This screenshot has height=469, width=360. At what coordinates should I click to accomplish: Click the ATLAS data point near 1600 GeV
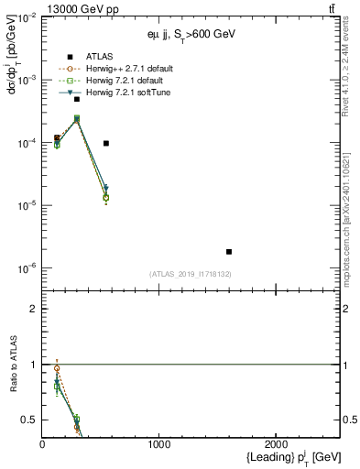(229, 251)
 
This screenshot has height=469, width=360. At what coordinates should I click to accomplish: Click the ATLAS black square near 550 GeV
(106, 143)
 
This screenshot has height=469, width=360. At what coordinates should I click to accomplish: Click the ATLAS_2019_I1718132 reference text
(191, 274)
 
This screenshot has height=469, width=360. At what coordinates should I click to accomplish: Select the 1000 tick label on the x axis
(159, 444)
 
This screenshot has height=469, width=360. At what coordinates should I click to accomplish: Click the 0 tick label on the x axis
(42, 444)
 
